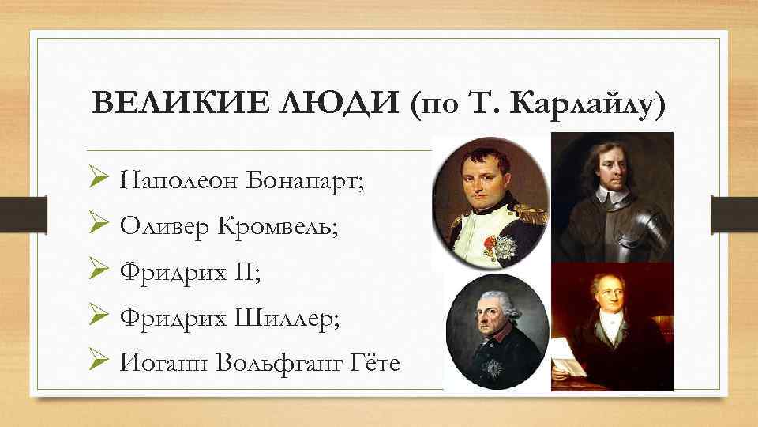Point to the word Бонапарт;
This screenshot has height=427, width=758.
(306, 181)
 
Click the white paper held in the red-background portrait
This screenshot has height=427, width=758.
(568, 356)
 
